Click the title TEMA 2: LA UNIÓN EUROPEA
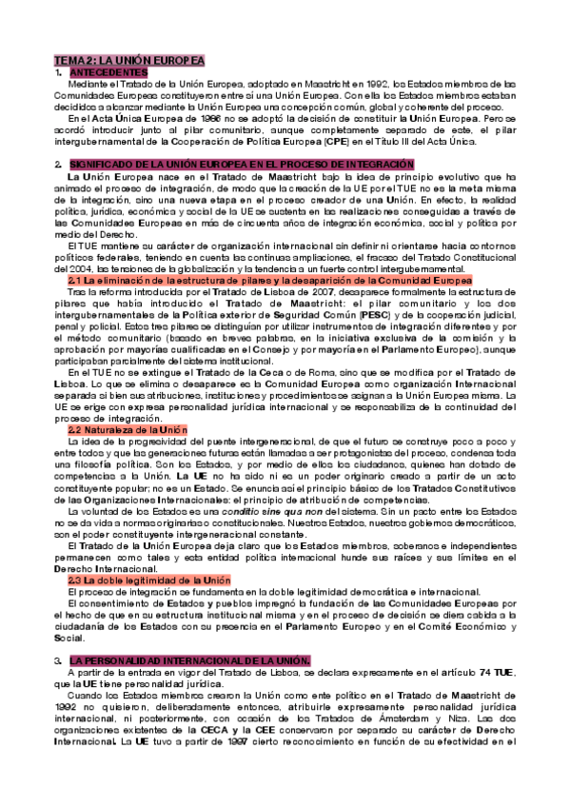click(129, 60)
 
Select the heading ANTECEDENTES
click(108, 72)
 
